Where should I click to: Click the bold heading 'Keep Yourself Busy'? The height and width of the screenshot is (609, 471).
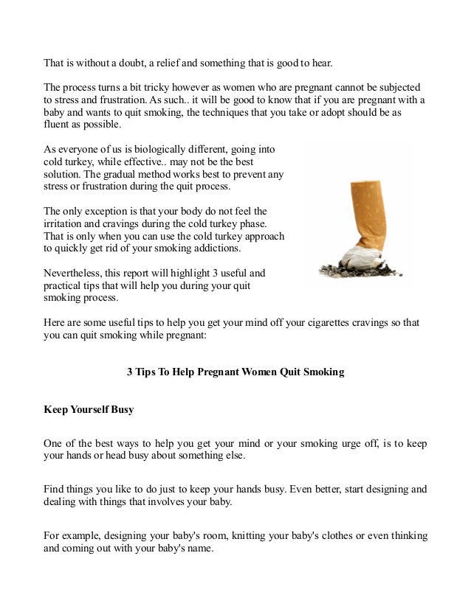[x=89, y=408]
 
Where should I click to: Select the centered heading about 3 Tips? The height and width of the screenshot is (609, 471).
[x=235, y=372]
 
